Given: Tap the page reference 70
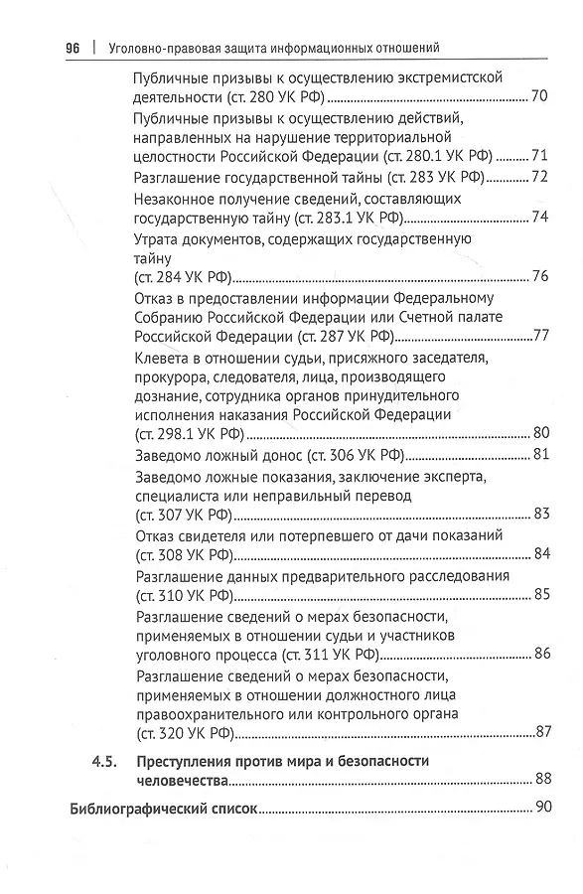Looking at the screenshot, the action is [x=540, y=96].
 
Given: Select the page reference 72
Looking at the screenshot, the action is [x=540, y=177].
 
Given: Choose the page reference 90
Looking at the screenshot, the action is [x=542, y=808].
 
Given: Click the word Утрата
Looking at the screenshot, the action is [x=157, y=238].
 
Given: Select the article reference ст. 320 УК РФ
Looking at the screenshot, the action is [x=183, y=733].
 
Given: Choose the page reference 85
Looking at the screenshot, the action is [x=541, y=595].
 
